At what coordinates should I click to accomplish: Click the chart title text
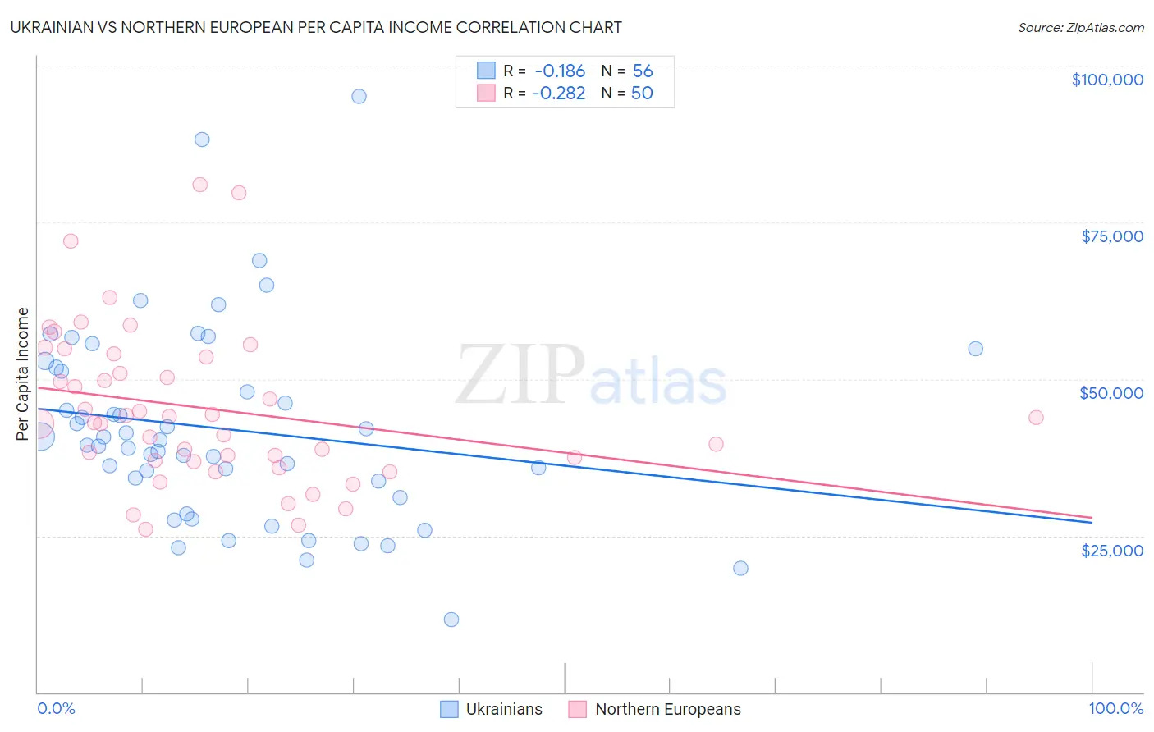(x=316, y=27)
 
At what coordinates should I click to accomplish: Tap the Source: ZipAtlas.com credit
(x=1080, y=28)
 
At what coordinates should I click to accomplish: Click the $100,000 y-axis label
(x=1106, y=80)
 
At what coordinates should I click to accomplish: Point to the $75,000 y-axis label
(x=1111, y=236)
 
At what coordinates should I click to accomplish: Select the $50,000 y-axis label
(x=1110, y=393)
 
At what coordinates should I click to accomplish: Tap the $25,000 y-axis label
(x=1111, y=550)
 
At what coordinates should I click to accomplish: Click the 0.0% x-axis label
(x=56, y=708)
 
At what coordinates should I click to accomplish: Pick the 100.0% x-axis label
(x=1115, y=708)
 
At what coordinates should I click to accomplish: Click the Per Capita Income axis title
(x=23, y=373)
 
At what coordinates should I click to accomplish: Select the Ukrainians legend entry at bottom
(x=492, y=709)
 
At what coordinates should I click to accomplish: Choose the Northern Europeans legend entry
(x=655, y=709)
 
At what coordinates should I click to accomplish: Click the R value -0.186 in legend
(x=559, y=71)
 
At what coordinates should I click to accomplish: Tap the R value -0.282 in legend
(x=558, y=93)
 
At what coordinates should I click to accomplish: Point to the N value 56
(x=643, y=71)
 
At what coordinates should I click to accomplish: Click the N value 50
(x=642, y=93)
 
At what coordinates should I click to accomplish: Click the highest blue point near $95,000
(x=359, y=96)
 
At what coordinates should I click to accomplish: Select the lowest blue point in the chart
(x=451, y=620)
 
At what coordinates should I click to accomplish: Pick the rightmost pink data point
(x=1036, y=418)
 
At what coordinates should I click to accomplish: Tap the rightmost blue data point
(x=975, y=349)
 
